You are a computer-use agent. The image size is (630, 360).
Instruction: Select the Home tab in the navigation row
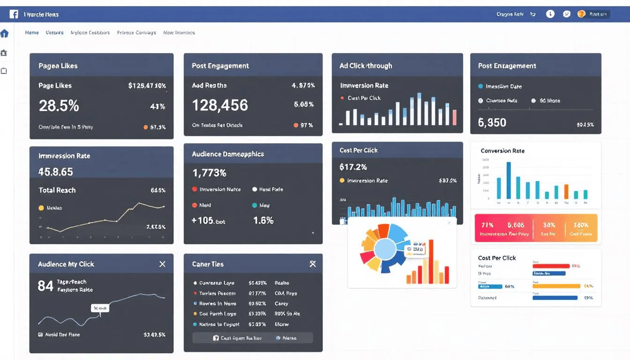pyautogui.click(x=32, y=33)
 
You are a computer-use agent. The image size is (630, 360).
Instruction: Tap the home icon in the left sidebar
pyautogui.click(x=5, y=34)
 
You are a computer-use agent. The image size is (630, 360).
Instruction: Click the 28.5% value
pyautogui.click(x=59, y=106)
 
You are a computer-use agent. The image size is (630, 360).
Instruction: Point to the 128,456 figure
pyautogui.click(x=220, y=105)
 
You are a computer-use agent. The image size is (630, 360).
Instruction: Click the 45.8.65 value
pyautogui.click(x=56, y=172)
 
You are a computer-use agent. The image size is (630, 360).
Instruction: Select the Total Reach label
pyautogui.click(x=57, y=190)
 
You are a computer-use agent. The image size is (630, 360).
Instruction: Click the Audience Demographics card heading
pyautogui.click(x=228, y=154)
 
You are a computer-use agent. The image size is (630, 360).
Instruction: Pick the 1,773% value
pyautogui.click(x=209, y=173)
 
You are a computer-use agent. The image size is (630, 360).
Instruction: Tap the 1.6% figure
pyautogui.click(x=263, y=220)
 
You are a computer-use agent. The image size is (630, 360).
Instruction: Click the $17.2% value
pyautogui.click(x=353, y=167)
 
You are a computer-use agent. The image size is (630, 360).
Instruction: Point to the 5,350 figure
pyautogui.click(x=492, y=123)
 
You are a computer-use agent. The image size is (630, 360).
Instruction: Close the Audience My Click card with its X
pyautogui.click(x=162, y=264)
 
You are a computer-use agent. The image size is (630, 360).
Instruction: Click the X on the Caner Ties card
pyautogui.click(x=313, y=264)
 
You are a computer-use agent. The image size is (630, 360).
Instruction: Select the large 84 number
pyautogui.click(x=45, y=286)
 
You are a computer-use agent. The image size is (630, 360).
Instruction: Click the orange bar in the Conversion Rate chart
pyautogui.click(x=566, y=192)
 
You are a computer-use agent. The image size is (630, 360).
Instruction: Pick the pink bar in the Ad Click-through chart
pyautogui.click(x=454, y=118)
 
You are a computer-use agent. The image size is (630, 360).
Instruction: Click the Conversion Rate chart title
pyautogui.click(x=502, y=151)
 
